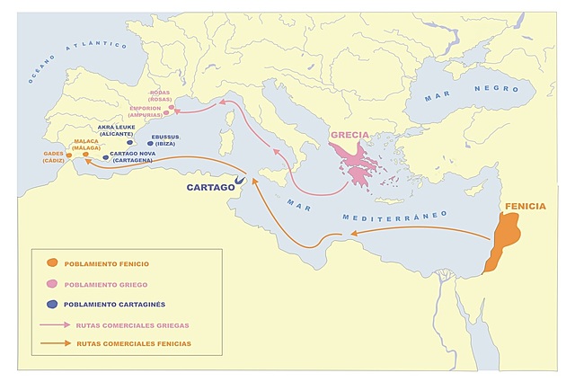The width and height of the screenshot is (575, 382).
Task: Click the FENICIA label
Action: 525,206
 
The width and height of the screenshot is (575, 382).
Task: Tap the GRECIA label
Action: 349,136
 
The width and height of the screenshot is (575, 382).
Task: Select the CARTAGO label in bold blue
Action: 210,188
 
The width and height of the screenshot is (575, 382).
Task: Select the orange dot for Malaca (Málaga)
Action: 86,155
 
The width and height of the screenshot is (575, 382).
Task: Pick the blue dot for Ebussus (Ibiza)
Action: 150,143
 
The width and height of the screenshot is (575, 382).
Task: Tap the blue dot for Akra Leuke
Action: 130,142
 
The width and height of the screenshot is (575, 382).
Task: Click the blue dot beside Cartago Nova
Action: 105,156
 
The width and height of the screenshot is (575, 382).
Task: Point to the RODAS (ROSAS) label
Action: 160,95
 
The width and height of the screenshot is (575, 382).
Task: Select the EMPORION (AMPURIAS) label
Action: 146,111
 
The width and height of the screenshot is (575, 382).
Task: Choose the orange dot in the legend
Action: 52,262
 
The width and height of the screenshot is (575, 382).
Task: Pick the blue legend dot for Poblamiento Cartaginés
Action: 52,304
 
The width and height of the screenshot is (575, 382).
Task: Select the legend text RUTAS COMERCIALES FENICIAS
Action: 134,343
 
